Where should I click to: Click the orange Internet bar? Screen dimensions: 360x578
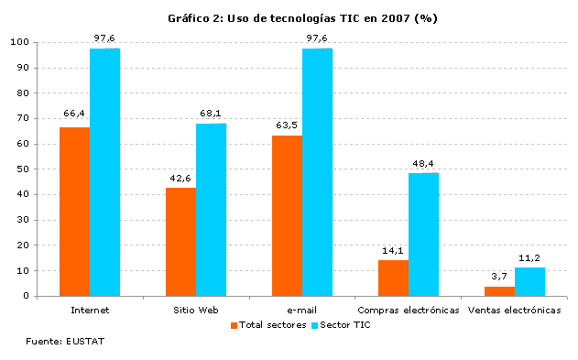[74, 212]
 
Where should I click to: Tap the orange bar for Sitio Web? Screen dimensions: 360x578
[180, 242]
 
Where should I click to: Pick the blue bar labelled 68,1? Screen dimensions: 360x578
[211, 210]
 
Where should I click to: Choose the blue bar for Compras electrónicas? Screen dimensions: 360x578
[423, 235]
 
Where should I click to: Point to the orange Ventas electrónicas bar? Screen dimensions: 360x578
[499, 291]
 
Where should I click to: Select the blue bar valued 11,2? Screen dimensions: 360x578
[529, 281]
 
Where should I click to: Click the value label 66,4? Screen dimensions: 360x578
[74, 114]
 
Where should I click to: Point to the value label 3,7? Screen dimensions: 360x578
[498, 276]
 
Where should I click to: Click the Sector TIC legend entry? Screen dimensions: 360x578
[344, 324]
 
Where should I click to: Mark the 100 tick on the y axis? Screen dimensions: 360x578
[17, 42]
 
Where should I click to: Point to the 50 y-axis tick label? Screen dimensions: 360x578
[20, 169]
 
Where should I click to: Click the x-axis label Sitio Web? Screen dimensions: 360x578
[196, 311]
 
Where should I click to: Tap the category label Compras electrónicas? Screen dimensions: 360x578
[408, 311]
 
